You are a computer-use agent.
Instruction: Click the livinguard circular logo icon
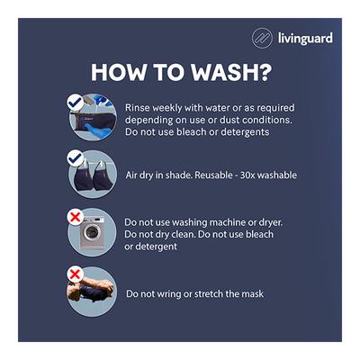262,38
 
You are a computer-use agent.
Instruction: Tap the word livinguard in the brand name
305,39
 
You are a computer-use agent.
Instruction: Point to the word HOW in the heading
119,72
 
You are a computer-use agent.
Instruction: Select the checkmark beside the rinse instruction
76,103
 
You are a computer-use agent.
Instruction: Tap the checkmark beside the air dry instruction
76,158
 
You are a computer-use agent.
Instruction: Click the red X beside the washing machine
76,217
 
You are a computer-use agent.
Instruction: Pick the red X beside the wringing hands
76,274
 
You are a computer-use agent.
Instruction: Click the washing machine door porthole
91,232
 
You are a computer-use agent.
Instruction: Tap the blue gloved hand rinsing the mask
96,131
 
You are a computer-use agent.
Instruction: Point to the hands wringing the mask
90,289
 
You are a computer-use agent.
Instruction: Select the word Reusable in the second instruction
213,175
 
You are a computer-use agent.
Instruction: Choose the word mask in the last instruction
254,293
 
